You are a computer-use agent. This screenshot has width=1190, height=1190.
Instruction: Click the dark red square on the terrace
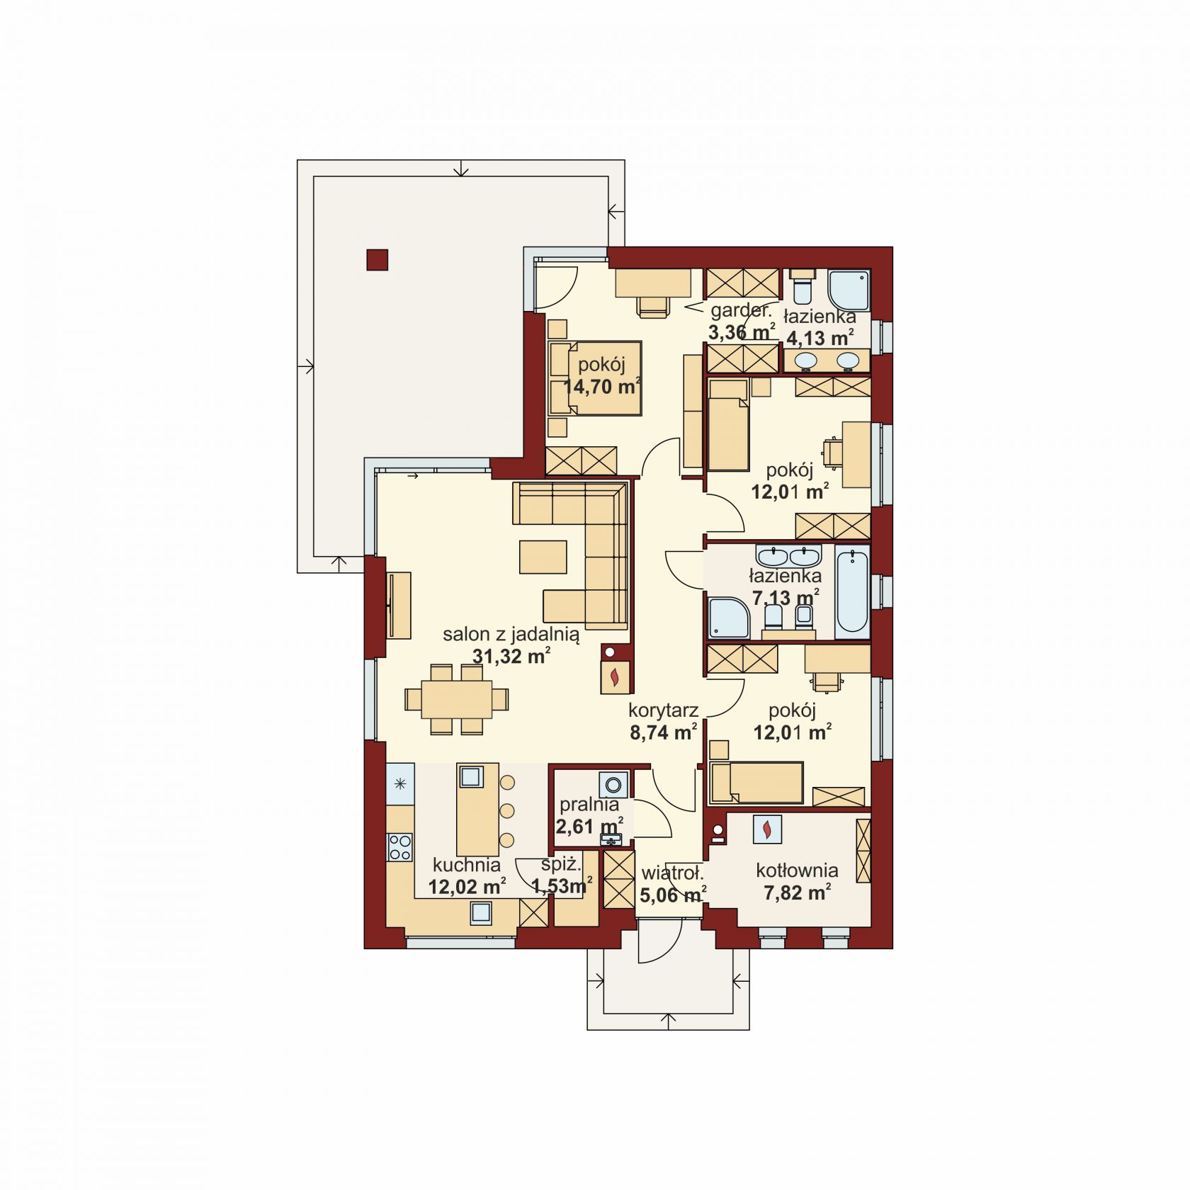pyautogui.click(x=377, y=260)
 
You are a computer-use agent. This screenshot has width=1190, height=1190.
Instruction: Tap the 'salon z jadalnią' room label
pyautogui.click(x=511, y=635)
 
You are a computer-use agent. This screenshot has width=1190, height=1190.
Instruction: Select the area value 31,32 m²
pyautogui.click(x=511, y=656)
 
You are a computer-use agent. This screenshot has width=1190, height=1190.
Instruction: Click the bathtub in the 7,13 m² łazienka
pyautogui.click(x=852, y=591)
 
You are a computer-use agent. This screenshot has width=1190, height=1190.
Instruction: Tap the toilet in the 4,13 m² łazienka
pyautogui.click(x=803, y=285)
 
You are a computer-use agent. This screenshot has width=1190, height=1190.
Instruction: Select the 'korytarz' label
pyautogui.click(x=664, y=710)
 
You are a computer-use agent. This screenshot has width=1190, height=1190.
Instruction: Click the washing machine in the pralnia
pyautogui.click(x=613, y=785)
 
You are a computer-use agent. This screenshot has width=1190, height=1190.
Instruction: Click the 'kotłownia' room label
pyautogui.click(x=797, y=871)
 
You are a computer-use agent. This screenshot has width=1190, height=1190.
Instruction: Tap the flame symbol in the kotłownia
pyautogui.click(x=767, y=829)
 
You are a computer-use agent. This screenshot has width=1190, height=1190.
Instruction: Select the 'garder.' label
pyautogui.click(x=741, y=310)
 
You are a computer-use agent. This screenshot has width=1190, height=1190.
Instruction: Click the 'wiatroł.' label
pyautogui.click(x=671, y=873)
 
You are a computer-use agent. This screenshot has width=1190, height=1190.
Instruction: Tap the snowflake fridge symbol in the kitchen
pyautogui.click(x=400, y=783)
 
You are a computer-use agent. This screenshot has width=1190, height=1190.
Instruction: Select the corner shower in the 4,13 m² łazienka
pyautogui.click(x=849, y=289)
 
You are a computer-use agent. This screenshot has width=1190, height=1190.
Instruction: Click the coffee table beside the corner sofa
pyautogui.click(x=543, y=557)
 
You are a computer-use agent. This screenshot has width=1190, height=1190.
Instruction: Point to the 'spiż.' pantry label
pyautogui.click(x=561, y=865)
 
